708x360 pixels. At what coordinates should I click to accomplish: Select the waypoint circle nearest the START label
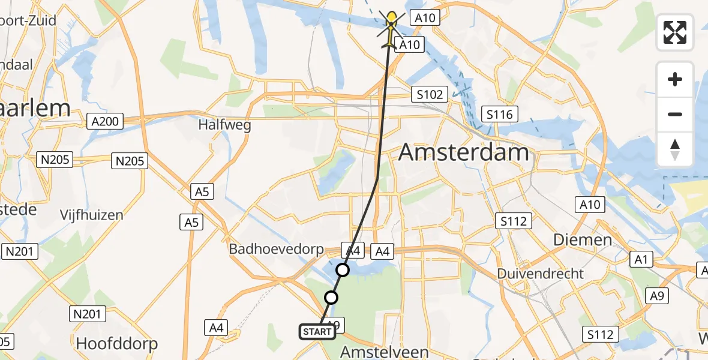pos(331,297)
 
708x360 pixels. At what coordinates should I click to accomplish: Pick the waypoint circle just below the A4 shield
pos(342,270)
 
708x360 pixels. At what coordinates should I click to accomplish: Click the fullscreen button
pos(675,32)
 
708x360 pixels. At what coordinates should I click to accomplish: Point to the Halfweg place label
pos(224,125)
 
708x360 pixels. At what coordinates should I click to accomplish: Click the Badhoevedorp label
pos(276,249)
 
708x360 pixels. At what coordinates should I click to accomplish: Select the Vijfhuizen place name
pos(92,215)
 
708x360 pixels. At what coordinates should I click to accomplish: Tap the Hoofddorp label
pos(117,344)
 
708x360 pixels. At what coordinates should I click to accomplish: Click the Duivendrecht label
pos(540,274)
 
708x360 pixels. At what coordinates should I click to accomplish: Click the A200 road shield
pos(104,122)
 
